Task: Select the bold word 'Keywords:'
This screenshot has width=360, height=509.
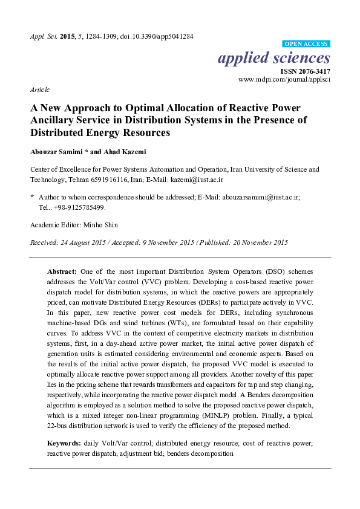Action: [x=65, y=444]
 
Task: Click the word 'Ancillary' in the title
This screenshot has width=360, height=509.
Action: [x=58, y=120]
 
